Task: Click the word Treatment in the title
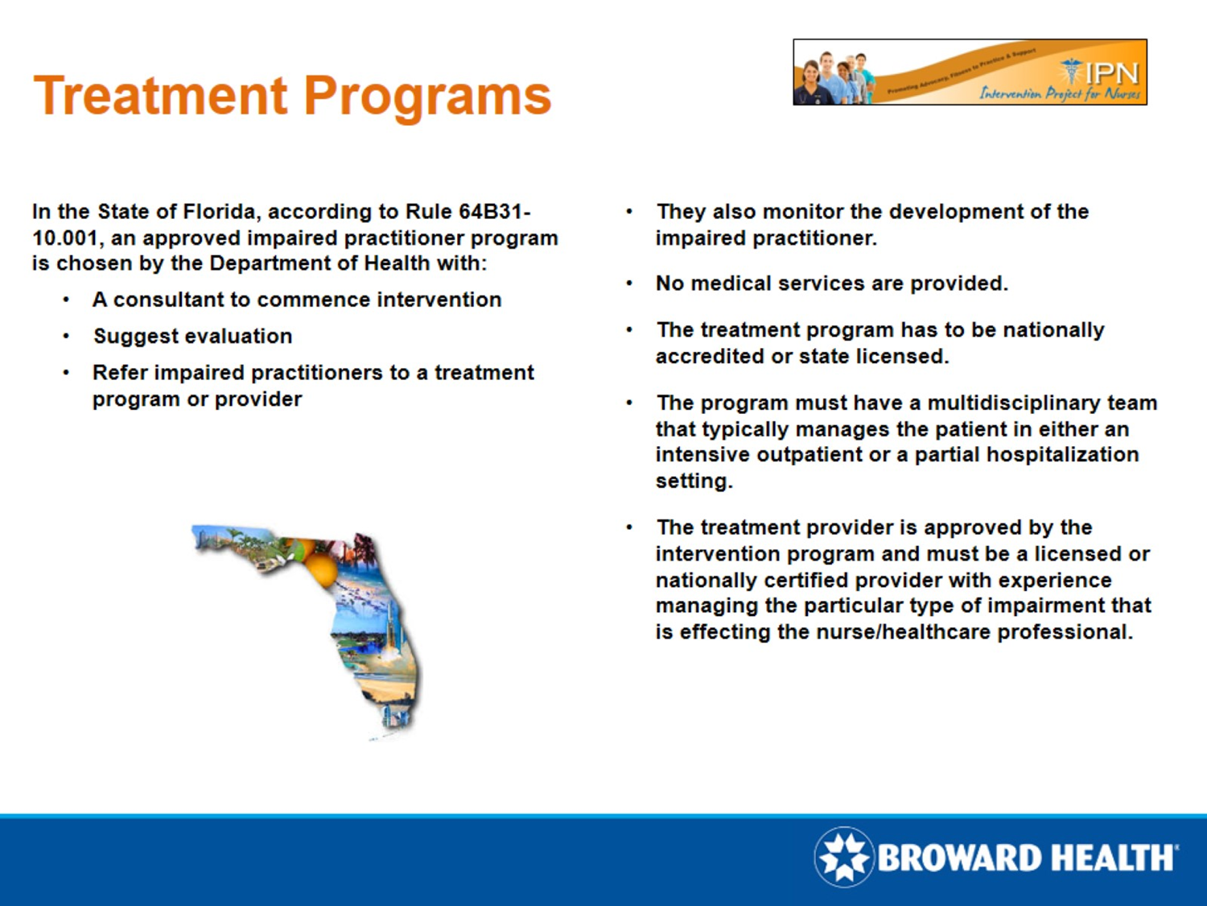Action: click(x=160, y=96)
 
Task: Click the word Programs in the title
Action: click(x=427, y=96)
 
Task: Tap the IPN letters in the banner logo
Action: click(x=1111, y=72)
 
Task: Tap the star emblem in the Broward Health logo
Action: click(x=843, y=857)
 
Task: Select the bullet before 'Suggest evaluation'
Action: click(x=66, y=337)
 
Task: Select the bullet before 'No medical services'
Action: click(x=629, y=283)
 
